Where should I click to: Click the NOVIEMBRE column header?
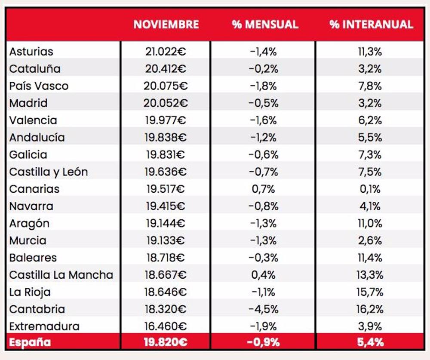click(x=166, y=24)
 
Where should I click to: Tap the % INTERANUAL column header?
click(x=371, y=24)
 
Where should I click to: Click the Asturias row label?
click(x=31, y=52)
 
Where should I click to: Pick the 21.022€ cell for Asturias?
click(x=166, y=52)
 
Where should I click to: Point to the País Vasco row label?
click(x=39, y=86)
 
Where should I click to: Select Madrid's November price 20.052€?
click(x=166, y=103)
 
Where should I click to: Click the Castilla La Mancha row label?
click(x=61, y=275)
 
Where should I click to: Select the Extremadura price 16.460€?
click(x=166, y=326)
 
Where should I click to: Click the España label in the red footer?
click(x=30, y=342)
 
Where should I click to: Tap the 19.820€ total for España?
click(x=166, y=342)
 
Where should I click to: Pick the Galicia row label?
click(x=28, y=155)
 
